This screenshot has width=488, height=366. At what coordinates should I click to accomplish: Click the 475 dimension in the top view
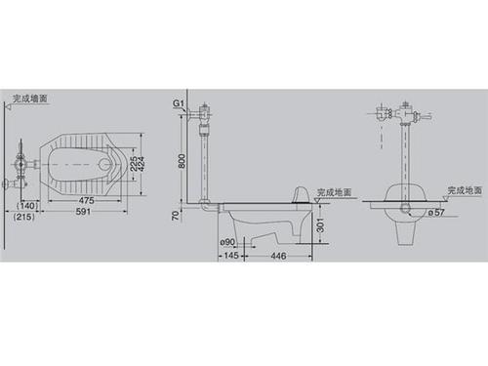(x=87, y=198)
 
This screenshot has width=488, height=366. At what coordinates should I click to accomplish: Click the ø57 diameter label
(x=436, y=212)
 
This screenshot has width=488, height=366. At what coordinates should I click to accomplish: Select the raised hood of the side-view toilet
(x=302, y=193)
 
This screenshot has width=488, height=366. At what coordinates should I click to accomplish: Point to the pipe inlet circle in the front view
(x=403, y=210)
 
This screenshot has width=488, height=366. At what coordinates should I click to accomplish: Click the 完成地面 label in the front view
(x=464, y=191)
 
